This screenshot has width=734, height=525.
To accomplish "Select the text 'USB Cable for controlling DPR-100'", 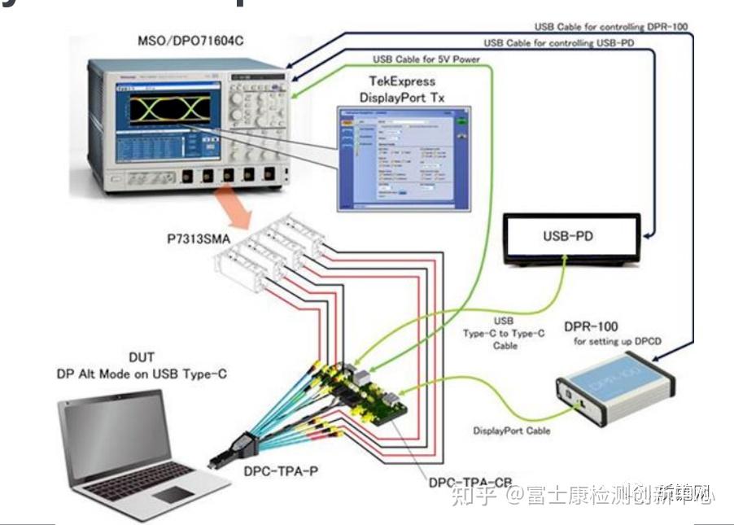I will click(x=610, y=26).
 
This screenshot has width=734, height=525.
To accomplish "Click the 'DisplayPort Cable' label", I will click(x=511, y=431).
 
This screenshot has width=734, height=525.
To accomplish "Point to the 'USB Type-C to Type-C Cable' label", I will click(x=504, y=333).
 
